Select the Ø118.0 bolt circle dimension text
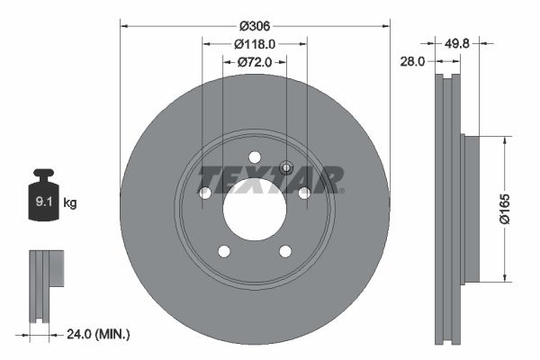(255, 43)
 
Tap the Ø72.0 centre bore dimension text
(255, 62)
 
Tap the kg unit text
(70, 203)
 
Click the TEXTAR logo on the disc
(271, 179)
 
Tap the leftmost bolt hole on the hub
(204, 193)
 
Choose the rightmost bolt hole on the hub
(305, 193)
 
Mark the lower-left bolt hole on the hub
(223, 251)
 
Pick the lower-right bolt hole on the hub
(285, 251)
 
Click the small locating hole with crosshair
(286, 166)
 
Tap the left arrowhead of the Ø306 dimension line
(123, 25)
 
